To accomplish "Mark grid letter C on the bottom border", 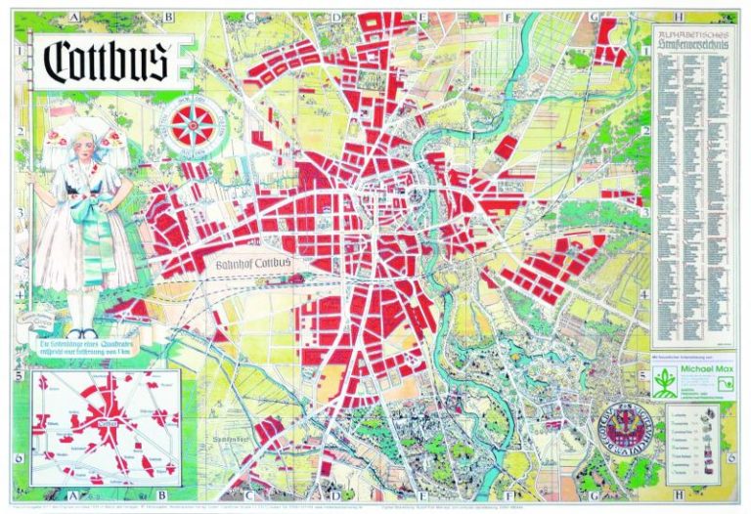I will click(250, 495).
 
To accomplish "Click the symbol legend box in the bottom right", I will click(694, 441).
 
